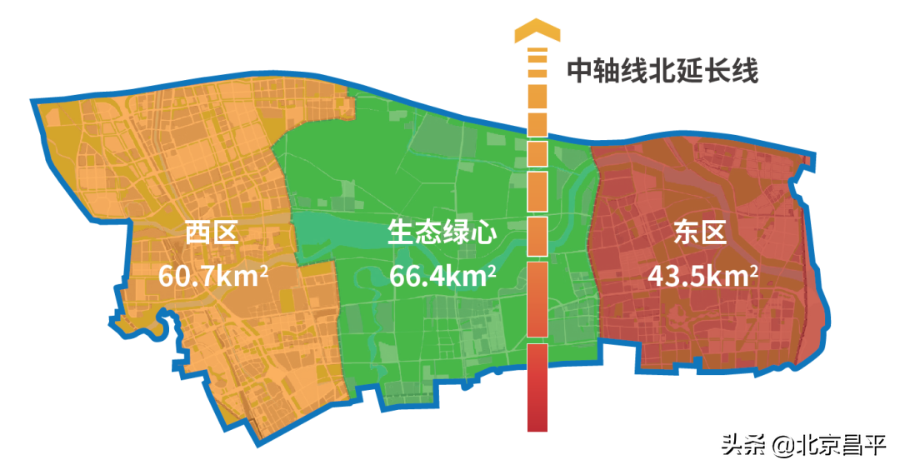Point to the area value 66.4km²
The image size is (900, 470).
click(443, 275)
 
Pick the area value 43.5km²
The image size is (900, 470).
click(702, 275)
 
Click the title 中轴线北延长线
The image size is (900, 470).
click(662, 71)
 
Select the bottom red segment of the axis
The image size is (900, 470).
click(537, 388)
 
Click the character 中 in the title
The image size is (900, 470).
click(580, 71)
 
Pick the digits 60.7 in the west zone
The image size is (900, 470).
click(187, 276)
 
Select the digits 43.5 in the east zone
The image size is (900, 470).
click(677, 276)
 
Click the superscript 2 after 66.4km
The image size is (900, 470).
click(493, 268)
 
